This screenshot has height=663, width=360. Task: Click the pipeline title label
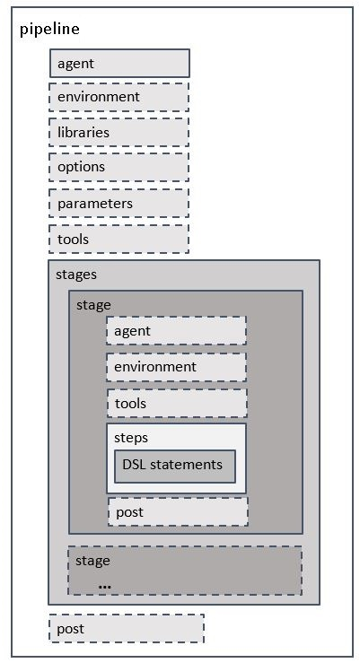coord(49,29)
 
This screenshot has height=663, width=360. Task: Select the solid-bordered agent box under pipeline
coord(119,64)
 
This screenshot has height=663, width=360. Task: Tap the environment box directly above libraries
coord(119,97)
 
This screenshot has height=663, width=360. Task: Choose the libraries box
coord(119,132)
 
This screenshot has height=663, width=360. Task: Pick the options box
coord(119,167)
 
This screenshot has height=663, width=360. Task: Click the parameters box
coord(119,204)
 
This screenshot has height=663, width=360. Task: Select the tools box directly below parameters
coord(119,240)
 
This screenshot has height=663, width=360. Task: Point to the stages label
coord(75,275)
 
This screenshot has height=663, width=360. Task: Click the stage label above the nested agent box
coord(93,305)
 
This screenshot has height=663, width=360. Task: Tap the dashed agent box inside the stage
coord(176,331)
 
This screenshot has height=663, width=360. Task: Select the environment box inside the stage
coord(176,367)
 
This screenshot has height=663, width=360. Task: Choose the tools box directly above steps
coord(176,404)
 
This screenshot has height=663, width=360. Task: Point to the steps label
coord(131,438)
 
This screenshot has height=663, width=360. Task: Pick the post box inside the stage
coord(177,512)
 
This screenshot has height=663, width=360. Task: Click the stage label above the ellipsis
coord(92,561)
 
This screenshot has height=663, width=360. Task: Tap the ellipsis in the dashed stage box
coord(104,585)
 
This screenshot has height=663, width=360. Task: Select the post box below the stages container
coord(126,629)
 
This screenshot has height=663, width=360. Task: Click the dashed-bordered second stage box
coord(198,571)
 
